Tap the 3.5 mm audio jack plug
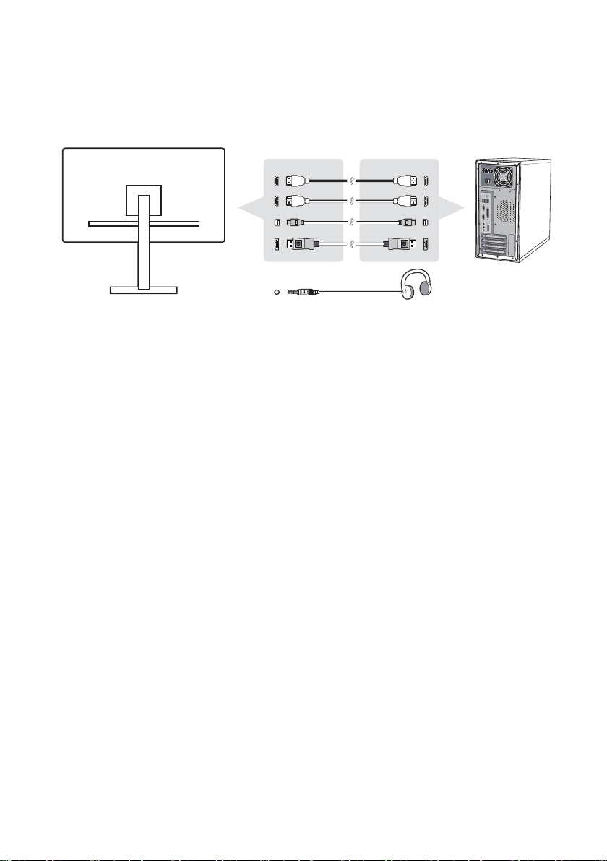pos(298,293)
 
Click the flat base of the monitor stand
pos(143,290)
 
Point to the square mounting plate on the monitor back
pos(143,200)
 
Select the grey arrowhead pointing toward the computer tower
pos(453,210)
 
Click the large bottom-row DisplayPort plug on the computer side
pos(401,245)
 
